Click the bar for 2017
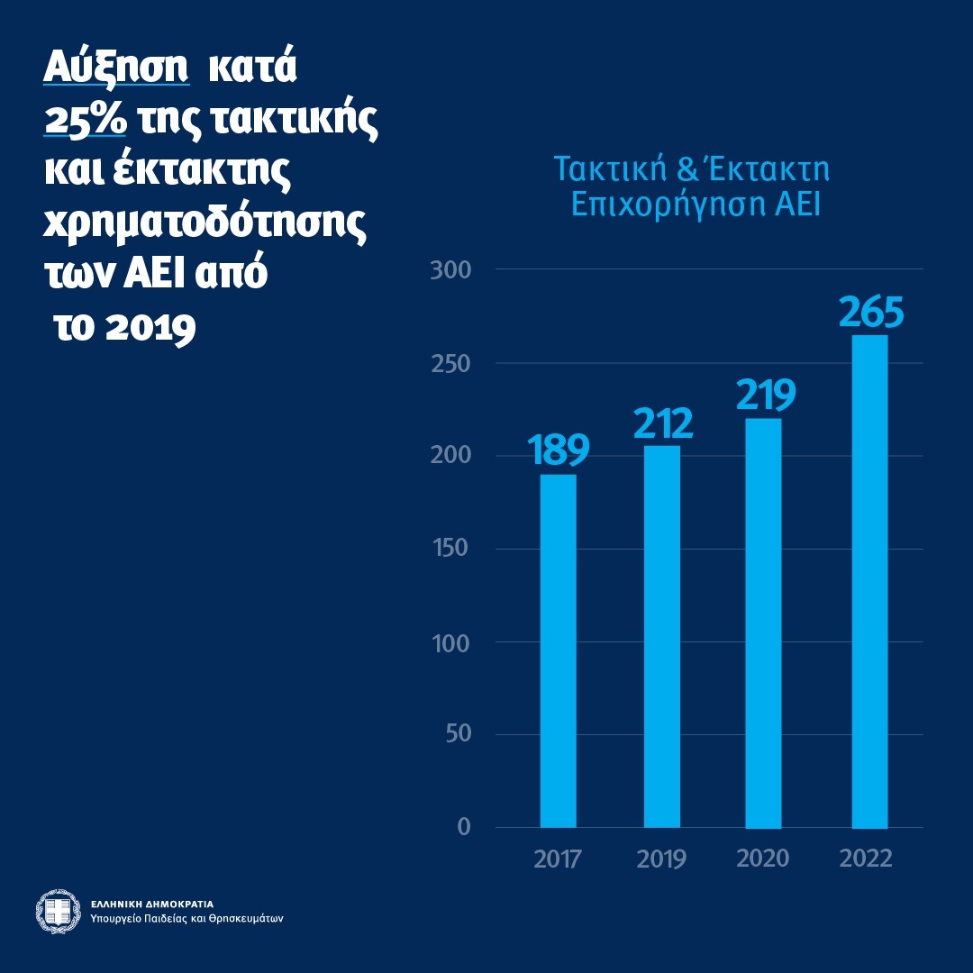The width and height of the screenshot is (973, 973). (x=558, y=650)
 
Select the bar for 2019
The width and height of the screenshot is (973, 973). (x=661, y=636)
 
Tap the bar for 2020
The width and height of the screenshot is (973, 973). (x=764, y=623)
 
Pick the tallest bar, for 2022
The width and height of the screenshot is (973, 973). (x=868, y=581)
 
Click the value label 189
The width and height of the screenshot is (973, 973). (x=559, y=450)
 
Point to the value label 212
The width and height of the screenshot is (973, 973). (x=662, y=422)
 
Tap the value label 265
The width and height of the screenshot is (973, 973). (x=869, y=312)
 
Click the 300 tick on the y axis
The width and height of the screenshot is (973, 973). (x=450, y=269)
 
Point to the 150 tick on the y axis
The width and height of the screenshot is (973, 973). (x=450, y=549)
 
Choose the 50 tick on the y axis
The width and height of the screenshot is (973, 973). (x=457, y=734)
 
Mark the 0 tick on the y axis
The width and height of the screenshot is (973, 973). (x=464, y=827)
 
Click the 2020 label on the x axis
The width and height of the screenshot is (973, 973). (x=763, y=858)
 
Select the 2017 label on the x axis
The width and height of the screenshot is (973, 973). (x=558, y=858)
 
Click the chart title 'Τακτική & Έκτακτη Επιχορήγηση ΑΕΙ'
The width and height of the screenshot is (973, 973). (x=691, y=186)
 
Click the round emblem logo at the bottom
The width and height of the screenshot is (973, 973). (x=58, y=911)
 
